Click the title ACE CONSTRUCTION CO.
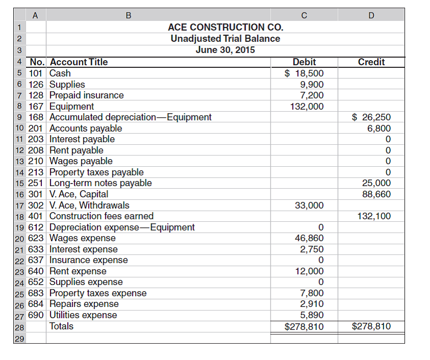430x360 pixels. click(x=225, y=27)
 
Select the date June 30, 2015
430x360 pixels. click(x=225, y=49)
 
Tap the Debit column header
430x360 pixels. click(x=304, y=62)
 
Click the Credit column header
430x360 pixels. click(x=371, y=62)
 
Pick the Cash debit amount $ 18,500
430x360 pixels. click(x=304, y=73)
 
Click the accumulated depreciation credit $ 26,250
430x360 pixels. click(x=371, y=117)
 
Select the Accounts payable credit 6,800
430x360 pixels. click(x=379, y=128)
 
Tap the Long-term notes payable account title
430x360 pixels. click(x=100, y=183)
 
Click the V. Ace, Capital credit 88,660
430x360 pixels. click(x=376, y=194)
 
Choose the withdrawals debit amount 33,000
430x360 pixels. click(x=309, y=205)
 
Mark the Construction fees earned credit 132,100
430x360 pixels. click(x=373, y=216)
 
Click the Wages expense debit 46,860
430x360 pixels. click(x=309, y=238)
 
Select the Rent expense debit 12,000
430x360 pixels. click(x=309, y=271)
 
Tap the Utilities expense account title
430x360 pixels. click(x=83, y=315)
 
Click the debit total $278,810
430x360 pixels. click(x=304, y=326)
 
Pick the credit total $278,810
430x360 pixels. click(x=371, y=326)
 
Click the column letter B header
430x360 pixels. click(x=128, y=15)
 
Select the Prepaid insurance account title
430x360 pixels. click(x=87, y=95)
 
